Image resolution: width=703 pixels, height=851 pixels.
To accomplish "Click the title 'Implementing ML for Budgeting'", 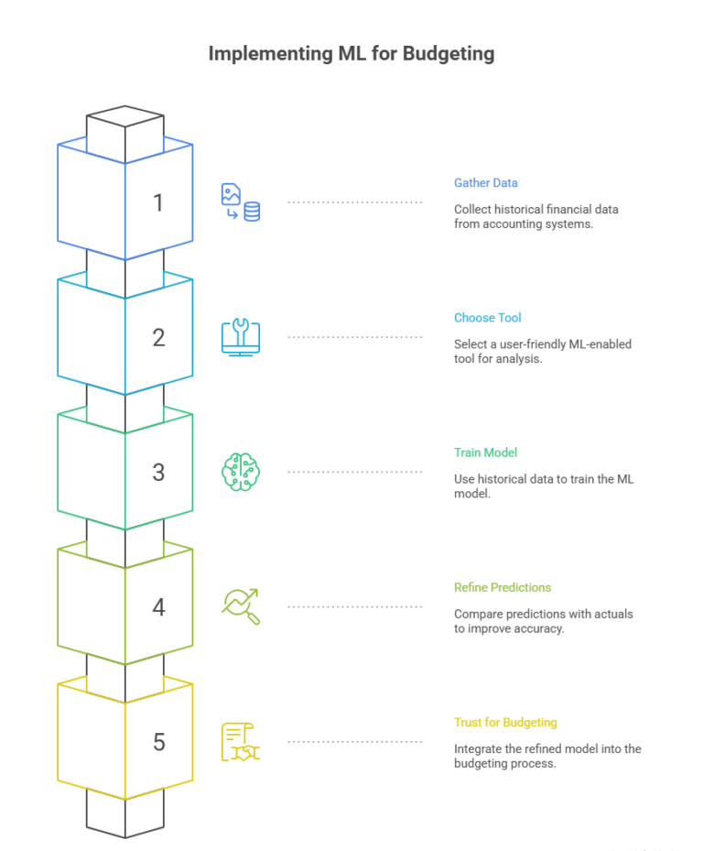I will tap(351, 54).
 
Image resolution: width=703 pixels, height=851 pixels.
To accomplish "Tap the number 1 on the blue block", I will tap(158, 203).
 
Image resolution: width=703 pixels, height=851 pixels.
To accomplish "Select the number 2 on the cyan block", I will tap(158, 338).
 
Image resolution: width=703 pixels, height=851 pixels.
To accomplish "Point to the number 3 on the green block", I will tap(158, 473).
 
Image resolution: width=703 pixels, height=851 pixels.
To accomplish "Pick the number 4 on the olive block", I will tap(158, 607).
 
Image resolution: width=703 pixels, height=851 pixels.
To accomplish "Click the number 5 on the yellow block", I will tap(158, 742).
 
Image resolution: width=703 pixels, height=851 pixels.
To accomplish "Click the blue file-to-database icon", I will tap(241, 202).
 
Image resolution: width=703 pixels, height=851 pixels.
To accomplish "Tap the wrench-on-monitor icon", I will tap(241, 337).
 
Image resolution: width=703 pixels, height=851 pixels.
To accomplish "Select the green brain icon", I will tap(241, 472).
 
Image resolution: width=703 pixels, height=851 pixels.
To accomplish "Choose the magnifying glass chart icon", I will tap(241, 606).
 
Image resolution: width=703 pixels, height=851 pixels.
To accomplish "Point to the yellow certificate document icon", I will tap(241, 742).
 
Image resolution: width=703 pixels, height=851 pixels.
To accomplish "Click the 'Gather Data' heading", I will tap(486, 183).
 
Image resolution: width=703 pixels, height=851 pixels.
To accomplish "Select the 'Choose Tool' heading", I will tap(488, 318).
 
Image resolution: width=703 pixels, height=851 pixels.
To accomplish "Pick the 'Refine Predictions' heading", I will tap(503, 587).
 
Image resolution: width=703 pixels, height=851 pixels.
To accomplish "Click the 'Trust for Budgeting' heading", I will tap(505, 723).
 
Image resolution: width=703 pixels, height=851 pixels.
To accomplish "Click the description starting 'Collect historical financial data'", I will tap(536, 216).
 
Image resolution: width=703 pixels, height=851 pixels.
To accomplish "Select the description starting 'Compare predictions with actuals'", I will tap(544, 621).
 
